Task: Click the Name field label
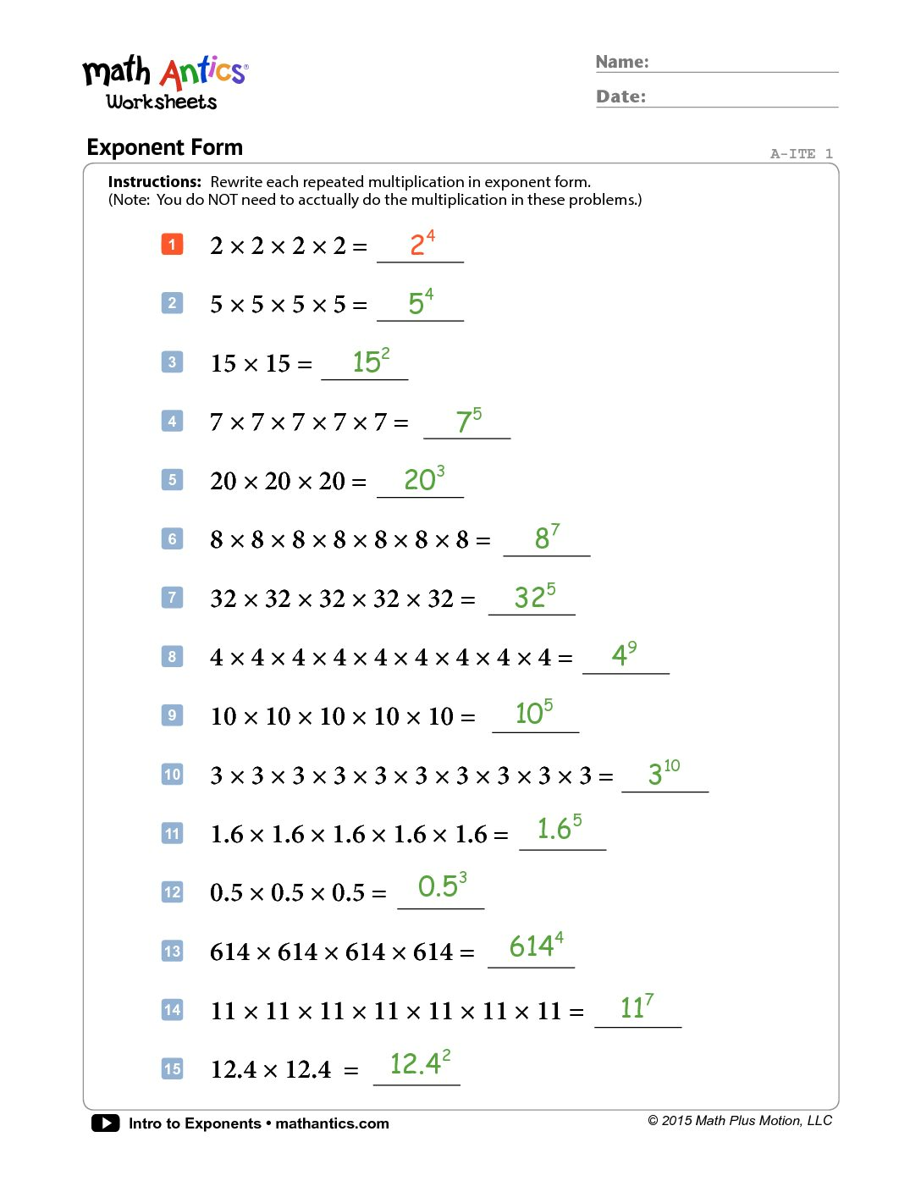coord(622,62)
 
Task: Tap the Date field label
coord(620,97)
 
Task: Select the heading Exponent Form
coord(164,147)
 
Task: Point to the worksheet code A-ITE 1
coord(801,153)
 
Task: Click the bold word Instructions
coord(154,182)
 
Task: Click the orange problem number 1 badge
coord(172,245)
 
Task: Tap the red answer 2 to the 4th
coord(422,243)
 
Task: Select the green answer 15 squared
coord(371,361)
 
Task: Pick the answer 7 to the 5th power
coord(468,420)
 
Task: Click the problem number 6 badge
coord(172,538)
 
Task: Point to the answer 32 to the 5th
coord(535,596)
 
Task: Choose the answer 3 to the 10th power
coord(664,772)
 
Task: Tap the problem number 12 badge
coord(172,891)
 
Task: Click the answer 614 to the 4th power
coord(536,946)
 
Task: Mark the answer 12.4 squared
coord(420,1062)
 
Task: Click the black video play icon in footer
coord(105,1123)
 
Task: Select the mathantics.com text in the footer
coord(332,1123)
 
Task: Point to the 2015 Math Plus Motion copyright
coord(740,1121)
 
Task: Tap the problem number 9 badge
coord(172,715)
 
